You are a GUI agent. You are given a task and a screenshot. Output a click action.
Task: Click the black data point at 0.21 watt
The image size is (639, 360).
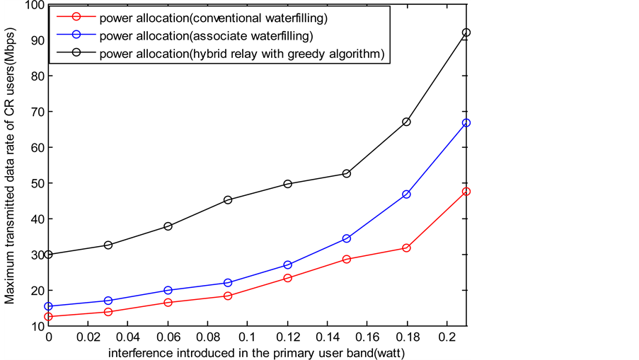pyautogui.click(x=466, y=33)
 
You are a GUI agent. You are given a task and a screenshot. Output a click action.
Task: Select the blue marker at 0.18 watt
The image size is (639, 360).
pyautogui.click(x=406, y=194)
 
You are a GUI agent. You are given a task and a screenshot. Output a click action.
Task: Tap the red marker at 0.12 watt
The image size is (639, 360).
pyautogui.click(x=287, y=278)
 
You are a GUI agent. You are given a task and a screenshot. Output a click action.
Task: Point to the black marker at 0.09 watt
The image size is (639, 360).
pyautogui.click(x=228, y=200)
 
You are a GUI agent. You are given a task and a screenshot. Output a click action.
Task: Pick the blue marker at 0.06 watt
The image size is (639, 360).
pyautogui.click(x=168, y=290)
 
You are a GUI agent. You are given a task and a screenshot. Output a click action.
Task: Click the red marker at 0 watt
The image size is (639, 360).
pyautogui.click(x=48, y=317)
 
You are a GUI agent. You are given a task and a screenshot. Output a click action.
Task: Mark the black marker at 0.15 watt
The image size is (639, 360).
pyautogui.click(x=347, y=173)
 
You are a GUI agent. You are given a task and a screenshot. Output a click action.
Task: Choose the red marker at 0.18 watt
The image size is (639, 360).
pyautogui.click(x=406, y=248)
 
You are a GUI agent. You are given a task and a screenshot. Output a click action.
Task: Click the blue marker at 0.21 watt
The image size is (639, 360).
pyautogui.click(x=466, y=123)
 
